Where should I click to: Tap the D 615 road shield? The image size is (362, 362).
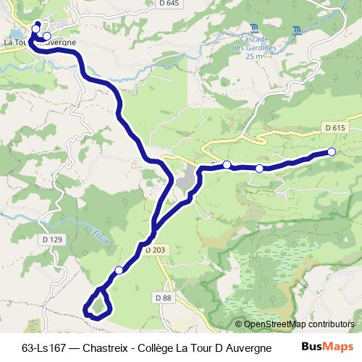(334, 127)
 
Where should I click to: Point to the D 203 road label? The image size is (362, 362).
(154, 250)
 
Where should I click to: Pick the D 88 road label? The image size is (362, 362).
(163, 298)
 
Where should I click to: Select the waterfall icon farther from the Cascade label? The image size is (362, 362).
(298, 30)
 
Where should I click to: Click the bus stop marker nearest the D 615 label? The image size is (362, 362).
(332, 151)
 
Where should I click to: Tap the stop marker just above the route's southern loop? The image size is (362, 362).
(119, 270)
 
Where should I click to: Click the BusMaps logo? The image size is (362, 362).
(323, 346)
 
